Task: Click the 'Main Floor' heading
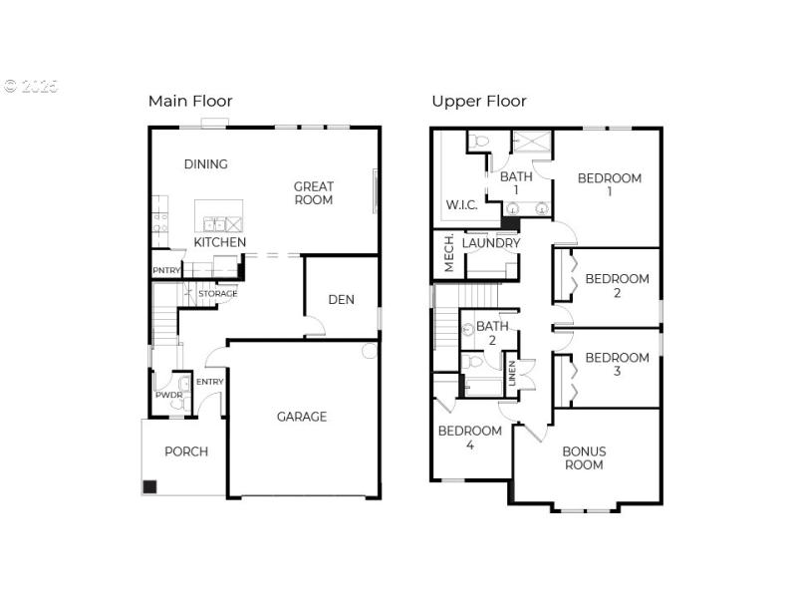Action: point(190,101)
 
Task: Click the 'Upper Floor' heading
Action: point(479,101)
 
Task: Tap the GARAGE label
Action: point(302,417)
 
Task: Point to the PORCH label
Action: point(186,451)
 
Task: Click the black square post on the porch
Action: point(149,487)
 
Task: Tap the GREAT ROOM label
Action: point(314,192)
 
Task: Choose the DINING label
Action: point(206,164)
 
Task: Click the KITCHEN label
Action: point(220,242)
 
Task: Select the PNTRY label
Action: point(165,271)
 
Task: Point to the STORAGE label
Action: point(217,294)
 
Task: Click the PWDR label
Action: point(164,396)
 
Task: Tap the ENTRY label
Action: point(209,383)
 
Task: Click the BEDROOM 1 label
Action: point(610,184)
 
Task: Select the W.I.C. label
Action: point(461,204)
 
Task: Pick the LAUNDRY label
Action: point(491,243)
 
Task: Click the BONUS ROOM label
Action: point(584,457)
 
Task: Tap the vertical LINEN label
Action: point(512,373)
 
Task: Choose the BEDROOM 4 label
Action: point(469,438)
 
